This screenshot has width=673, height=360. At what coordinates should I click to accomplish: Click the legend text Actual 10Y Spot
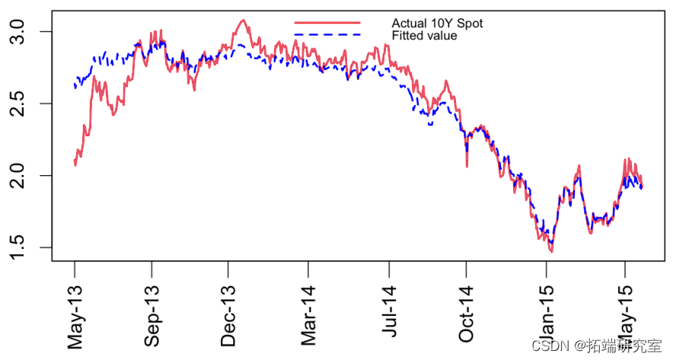[437, 24]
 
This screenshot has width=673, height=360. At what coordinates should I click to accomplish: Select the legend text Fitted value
[424, 36]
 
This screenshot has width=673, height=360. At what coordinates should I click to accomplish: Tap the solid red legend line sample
[327, 23]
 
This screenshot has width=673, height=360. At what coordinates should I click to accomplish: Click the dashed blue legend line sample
[327, 35]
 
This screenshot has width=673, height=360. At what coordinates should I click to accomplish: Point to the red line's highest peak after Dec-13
[242, 21]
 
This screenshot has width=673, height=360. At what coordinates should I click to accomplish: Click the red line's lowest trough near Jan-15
[551, 250]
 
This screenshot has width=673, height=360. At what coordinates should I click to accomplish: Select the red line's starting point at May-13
[75, 164]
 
